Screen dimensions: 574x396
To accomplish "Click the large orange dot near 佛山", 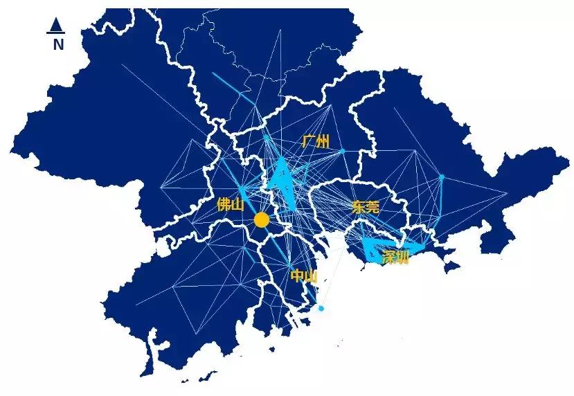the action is pos(261,220).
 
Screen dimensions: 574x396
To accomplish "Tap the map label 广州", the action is pos(315,142).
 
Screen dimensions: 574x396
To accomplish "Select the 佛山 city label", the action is pos(231,204).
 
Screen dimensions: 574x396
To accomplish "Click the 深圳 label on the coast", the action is pos(395,258).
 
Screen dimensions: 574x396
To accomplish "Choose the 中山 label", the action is pos(304,276).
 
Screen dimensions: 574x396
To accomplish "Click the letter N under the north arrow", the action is pos(58,45).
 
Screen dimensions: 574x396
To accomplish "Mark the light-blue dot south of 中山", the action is pos(321,308).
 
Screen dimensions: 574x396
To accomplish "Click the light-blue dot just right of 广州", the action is pos(342,150).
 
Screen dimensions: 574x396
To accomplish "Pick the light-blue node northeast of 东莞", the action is pos(441,177).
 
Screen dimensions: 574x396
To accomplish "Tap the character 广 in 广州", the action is pos(308,142).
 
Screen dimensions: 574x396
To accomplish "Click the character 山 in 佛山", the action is pos(237,204).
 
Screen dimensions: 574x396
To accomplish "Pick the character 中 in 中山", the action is pos(297,276).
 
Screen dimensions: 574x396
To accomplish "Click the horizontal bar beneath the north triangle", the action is pos(56,33).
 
